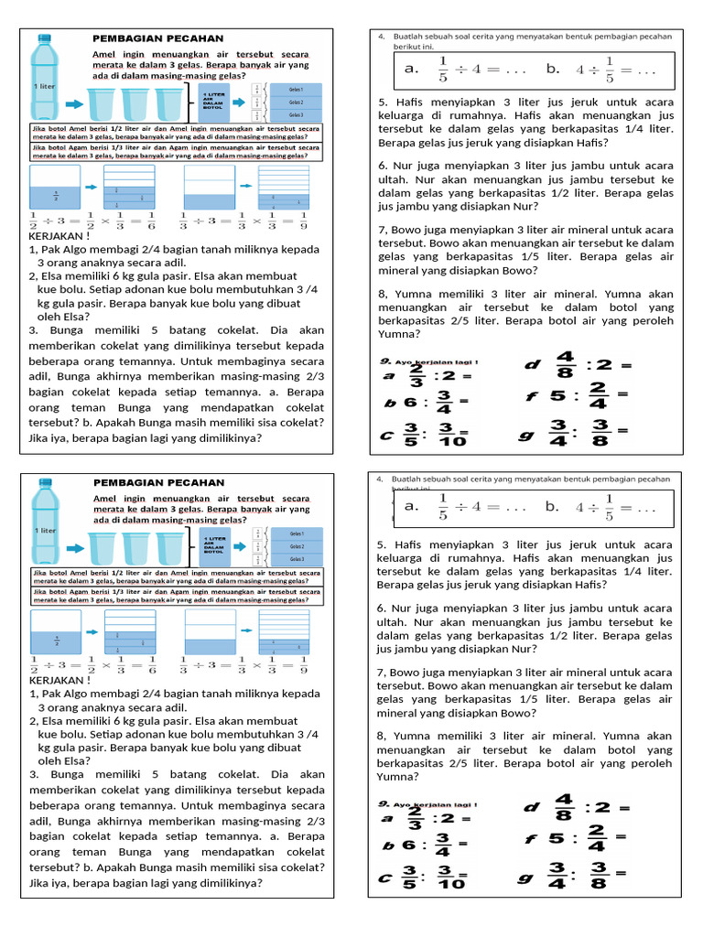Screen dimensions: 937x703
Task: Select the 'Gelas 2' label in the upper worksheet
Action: (x=296, y=102)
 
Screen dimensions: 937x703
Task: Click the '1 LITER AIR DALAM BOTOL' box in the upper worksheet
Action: (x=213, y=102)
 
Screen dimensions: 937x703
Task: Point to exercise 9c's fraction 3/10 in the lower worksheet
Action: (x=450, y=877)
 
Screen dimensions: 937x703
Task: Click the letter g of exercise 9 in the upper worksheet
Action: (x=525, y=435)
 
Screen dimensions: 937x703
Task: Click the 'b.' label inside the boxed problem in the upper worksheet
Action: (x=553, y=69)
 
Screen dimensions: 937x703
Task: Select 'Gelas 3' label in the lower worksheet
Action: (x=296, y=558)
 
